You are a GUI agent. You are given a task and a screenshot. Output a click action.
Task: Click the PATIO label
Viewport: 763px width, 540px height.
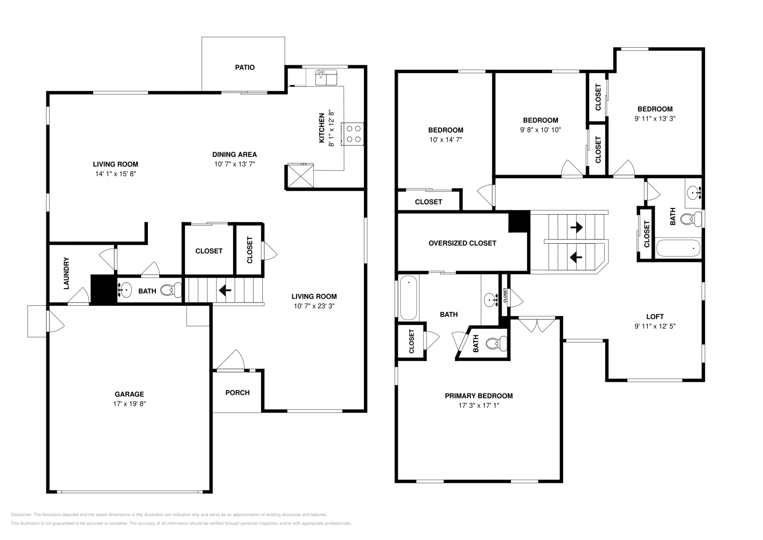click(245, 67)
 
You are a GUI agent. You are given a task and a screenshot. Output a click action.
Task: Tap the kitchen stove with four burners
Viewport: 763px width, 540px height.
click(353, 134)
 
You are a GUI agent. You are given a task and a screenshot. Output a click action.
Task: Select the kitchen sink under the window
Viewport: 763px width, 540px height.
click(326, 77)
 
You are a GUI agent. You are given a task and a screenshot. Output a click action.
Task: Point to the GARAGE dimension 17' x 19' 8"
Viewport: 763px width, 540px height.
click(129, 404)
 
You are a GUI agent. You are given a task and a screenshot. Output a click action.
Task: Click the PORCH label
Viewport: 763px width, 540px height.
click(237, 393)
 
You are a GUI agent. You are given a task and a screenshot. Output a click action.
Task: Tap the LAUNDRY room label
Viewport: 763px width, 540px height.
click(66, 273)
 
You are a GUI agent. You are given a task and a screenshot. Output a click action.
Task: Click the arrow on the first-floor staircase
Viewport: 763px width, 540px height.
click(225, 290)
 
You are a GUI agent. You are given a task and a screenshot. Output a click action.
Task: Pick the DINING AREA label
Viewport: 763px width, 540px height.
click(234, 154)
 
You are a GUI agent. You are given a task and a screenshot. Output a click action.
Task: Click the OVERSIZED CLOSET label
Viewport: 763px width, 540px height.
click(462, 243)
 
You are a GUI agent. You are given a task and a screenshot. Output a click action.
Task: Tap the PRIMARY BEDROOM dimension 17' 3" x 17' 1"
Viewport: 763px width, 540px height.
click(478, 405)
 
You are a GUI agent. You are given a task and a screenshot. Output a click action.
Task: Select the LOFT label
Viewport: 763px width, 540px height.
click(655, 316)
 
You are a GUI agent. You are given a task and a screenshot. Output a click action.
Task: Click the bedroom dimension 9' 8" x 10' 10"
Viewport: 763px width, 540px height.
click(540, 130)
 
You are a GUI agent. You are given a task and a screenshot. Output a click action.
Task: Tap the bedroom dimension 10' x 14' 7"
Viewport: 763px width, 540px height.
click(445, 139)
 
